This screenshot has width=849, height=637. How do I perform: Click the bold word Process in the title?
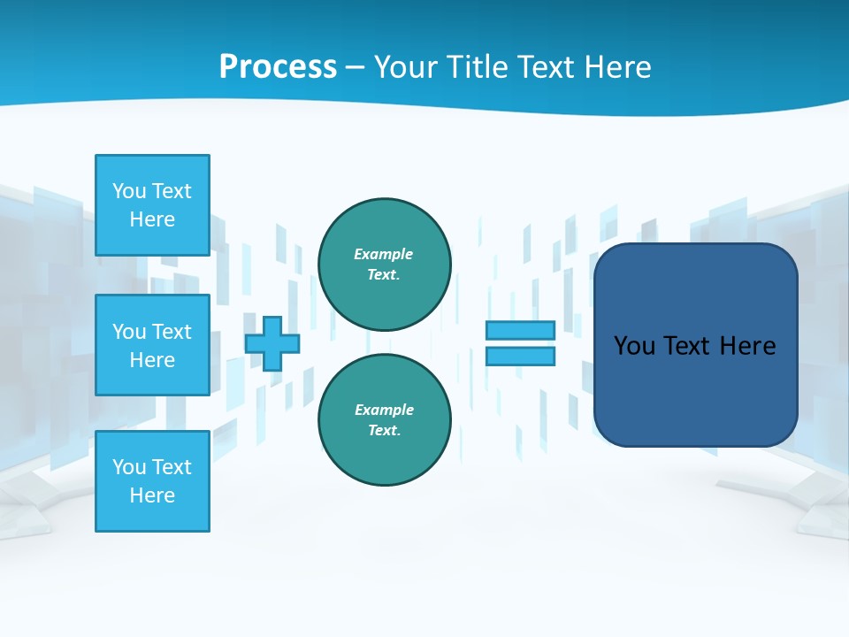click(278, 67)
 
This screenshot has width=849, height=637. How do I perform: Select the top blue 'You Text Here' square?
click(152, 204)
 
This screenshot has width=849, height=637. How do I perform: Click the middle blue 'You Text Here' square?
click(152, 345)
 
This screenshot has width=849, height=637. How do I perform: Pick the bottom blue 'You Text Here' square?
click(152, 480)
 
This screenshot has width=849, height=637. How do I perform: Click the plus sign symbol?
click(272, 343)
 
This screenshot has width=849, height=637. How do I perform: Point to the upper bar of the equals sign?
click(520, 330)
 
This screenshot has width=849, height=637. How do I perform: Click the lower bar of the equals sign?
click(520, 357)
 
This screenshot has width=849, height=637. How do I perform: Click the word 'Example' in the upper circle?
click(383, 254)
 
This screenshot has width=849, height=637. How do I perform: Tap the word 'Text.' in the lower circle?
click(383, 430)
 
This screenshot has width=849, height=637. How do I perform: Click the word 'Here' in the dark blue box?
click(747, 346)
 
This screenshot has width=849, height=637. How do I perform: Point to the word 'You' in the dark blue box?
click(634, 346)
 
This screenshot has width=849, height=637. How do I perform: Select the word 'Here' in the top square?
click(152, 219)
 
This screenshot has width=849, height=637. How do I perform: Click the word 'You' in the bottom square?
click(129, 466)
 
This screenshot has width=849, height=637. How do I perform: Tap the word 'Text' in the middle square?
click(172, 332)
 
